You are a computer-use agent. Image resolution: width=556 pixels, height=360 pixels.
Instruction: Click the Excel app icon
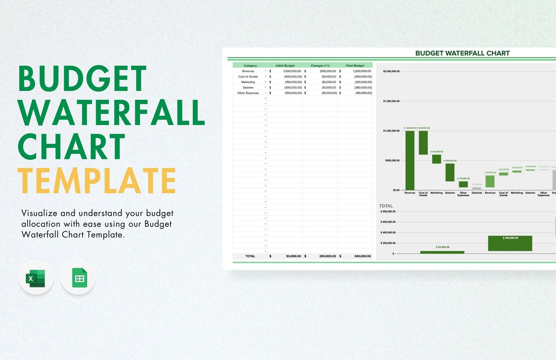[36, 278]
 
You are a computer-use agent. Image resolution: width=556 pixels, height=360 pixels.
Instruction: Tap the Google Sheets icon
[78, 278]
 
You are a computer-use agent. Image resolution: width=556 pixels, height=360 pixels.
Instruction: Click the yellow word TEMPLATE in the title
[97, 181]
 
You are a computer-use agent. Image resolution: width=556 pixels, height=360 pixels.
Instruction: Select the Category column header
[250, 66]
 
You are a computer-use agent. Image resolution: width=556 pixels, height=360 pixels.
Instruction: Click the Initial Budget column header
[285, 66]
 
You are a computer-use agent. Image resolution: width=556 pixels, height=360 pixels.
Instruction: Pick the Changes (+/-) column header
[320, 66]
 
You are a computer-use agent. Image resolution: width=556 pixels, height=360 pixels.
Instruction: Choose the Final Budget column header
[355, 66]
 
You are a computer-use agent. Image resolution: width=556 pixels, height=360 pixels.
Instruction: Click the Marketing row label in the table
[248, 82]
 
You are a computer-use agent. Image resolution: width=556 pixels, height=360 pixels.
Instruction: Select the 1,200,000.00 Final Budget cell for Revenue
[362, 71]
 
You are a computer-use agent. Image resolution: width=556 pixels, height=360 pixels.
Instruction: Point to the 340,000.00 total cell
[362, 256]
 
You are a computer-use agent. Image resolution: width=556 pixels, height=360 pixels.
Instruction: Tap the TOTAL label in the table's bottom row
[250, 256]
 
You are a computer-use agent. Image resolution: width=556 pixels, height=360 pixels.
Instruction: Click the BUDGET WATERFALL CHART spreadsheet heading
[462, 53]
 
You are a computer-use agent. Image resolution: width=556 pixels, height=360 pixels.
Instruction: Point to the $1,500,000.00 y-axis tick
[391, 101]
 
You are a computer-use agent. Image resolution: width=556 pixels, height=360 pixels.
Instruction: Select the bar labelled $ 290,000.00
[510, 244]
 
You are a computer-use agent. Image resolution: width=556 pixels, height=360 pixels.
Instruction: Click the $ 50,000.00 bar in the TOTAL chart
[442, 252]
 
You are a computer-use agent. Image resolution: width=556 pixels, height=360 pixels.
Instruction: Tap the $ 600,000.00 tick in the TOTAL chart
[388, 222]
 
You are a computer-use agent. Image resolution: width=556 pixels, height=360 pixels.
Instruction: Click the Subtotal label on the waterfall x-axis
[477, 193]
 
